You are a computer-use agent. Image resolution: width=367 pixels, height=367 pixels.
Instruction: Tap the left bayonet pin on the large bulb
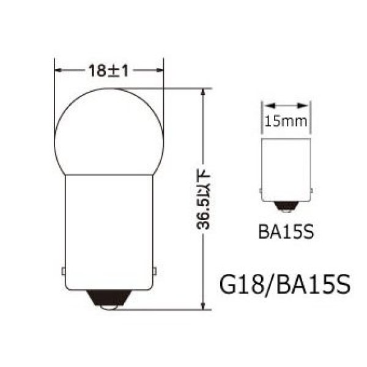64,270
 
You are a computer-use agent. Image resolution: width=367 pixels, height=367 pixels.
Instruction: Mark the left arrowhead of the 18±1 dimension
59,70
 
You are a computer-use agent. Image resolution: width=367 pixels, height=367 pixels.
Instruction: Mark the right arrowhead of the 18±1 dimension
161,70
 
